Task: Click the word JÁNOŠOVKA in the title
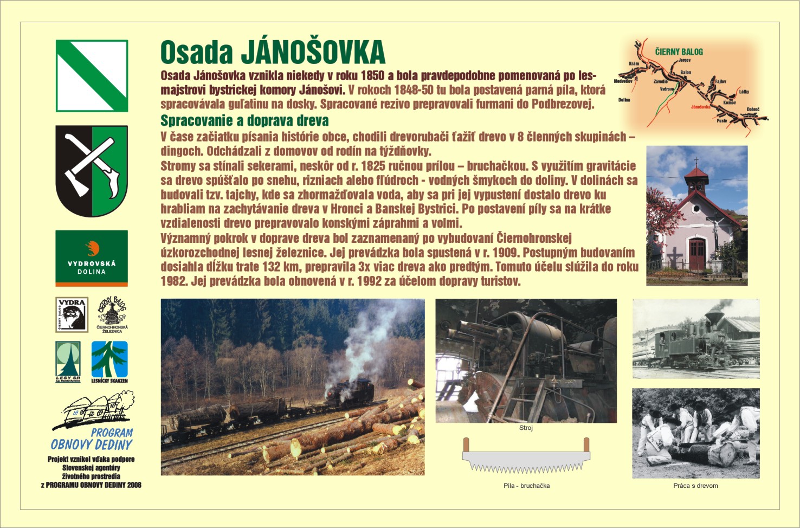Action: click(x=313, y=53)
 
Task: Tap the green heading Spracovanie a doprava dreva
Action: click(x=244, y=120)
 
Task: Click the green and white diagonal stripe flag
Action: click(x=92, y=76)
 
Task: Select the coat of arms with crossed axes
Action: click(x=92, y=171)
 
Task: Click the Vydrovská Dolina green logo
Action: click(x=92, y=258)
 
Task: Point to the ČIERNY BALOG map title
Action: click(x=679, y=52)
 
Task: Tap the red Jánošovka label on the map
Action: click(x=700, y=107)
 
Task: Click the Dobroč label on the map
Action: click(x=753, y=110)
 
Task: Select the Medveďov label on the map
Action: click(x=623, y=81)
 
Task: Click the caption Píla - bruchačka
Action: click(x=526, y=486)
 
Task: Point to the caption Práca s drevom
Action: click(x=695, y=486)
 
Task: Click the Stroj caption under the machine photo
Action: click(x=526, y=428)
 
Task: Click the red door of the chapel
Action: click(x=697, y=254)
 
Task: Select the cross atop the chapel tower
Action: click(x=696, y=162)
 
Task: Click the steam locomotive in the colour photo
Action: click(x=350, y=392)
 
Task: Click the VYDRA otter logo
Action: click(x=72, y=314)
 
